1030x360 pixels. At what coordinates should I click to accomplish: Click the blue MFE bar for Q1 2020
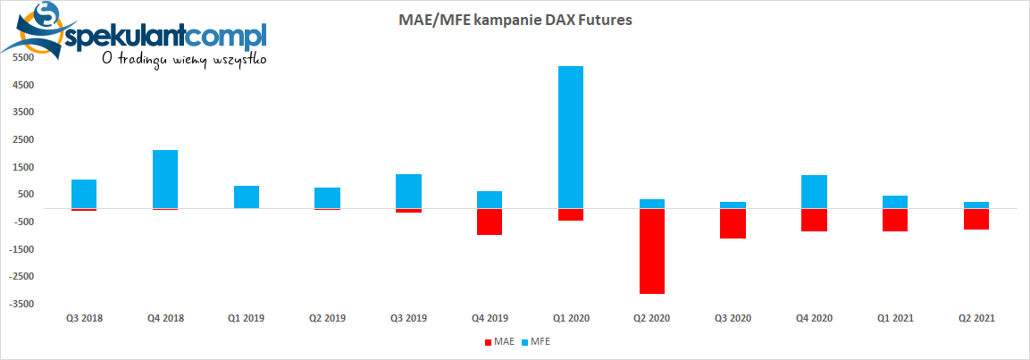[570, 137]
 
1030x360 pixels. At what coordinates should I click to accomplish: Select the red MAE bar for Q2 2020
[651, 251]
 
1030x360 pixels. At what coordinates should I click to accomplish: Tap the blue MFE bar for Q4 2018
[165, 179]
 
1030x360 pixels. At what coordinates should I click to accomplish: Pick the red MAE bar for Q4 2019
[490, 222]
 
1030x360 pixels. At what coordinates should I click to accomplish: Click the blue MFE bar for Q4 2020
[814, 191]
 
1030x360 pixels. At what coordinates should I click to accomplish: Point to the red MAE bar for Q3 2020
[733, 223]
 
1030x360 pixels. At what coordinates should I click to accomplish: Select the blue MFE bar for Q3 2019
[408, 191]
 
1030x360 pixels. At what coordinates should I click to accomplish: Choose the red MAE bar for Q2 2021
[976, 219]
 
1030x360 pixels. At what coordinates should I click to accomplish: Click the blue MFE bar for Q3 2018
[84, 194]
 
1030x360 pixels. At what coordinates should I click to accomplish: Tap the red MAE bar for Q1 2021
[895, 220]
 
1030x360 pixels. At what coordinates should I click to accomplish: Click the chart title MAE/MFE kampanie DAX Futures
[514, 19]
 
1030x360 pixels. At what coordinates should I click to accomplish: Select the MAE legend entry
[499, 341]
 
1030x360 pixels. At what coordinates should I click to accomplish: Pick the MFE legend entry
[537, 341]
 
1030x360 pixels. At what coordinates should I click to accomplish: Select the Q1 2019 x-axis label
[246, 318]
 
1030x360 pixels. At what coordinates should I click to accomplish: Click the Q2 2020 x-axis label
[651, 318]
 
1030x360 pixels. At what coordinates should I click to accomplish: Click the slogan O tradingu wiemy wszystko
[183, 60]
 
